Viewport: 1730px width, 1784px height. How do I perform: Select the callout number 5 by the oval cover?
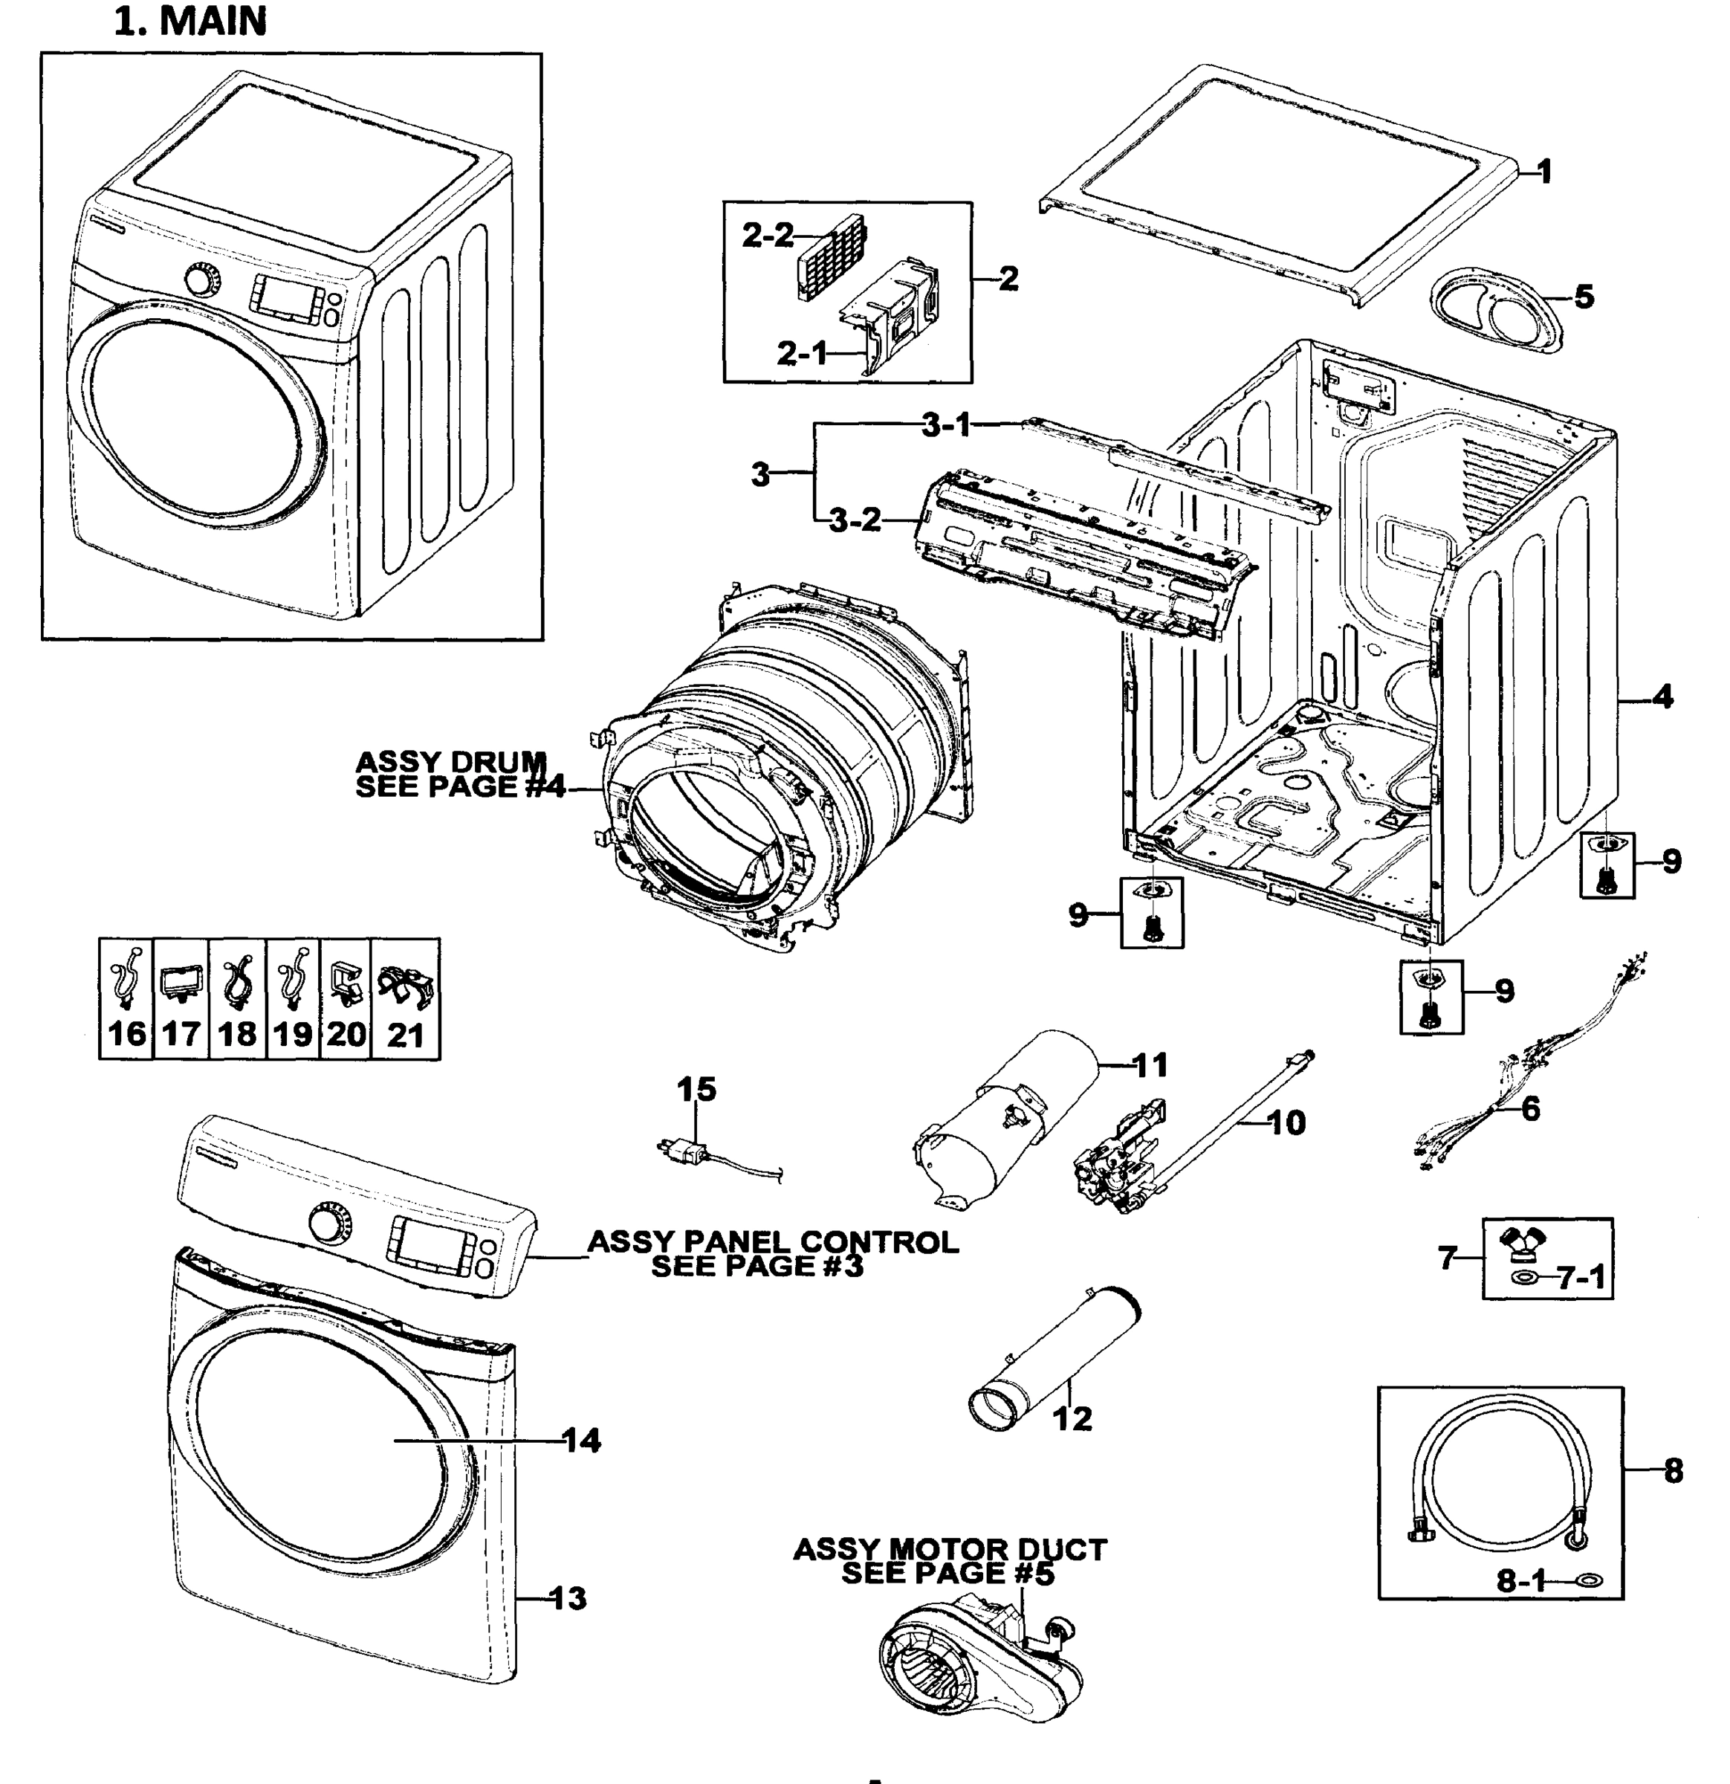point(1584,297)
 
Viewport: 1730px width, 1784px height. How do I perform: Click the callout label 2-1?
point(802,353)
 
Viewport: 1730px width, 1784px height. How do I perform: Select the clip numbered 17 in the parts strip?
point(181,985)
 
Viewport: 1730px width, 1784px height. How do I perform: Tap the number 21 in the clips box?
point(405,1035)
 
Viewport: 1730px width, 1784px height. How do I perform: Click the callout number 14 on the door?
point(582,1440)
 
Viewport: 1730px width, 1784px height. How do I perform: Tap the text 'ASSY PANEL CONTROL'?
point(773,1242)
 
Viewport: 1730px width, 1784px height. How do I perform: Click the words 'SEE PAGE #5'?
point(947,1573)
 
